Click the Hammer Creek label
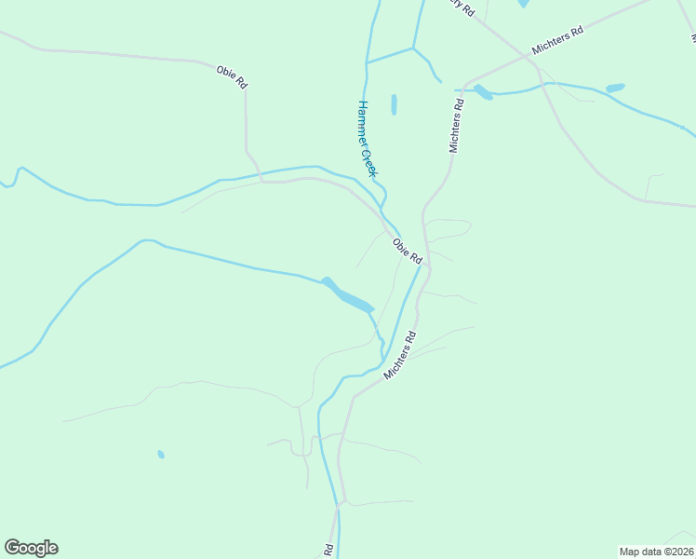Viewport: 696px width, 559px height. tap(368, 139)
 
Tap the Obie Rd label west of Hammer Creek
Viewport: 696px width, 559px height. tap(232, 76)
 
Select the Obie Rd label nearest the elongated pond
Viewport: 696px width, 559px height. tap(408, 251)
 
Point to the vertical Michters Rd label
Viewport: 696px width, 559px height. tap(456, 126)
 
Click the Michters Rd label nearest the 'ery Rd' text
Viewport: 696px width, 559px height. tap(557, 40)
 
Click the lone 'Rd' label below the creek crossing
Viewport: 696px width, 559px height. tap(328, 551)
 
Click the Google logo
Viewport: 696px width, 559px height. tap(31, 548)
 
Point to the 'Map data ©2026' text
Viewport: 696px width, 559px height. tap(656, 551)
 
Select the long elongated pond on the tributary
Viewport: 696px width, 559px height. tap(348, 296)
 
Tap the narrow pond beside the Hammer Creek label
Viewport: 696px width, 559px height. tap(394, 104)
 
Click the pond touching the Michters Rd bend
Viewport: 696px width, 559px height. tap(482, 91)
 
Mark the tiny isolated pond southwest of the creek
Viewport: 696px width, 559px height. tap(161, 455)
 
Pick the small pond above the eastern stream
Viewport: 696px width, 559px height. tap(615, 89)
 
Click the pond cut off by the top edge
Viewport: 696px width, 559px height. tap(524, 4)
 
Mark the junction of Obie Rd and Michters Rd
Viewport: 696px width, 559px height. tap(427, 269)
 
